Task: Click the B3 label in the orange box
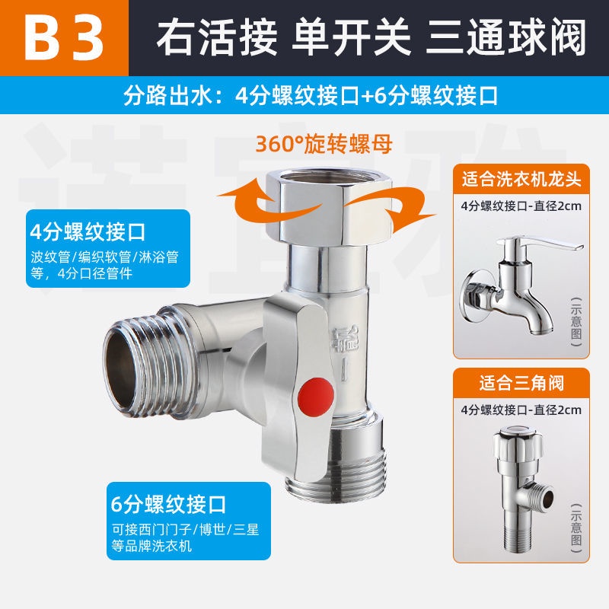tap(64, 38)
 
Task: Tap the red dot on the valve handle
tap(316, 397)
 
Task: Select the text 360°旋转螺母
tap(324, 144)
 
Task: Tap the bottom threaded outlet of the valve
tap(336, 473)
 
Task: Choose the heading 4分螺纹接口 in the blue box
tap(88, 232)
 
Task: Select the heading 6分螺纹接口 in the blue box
tap(168, 504)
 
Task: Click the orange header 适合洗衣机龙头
tap(521, 179)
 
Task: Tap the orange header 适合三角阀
tap(521, 384)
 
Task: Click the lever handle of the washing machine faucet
tap(547, 244)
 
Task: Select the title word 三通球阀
tap(505, 38)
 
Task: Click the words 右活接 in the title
tap(216, 38)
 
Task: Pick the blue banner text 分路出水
tap(167, 96)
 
